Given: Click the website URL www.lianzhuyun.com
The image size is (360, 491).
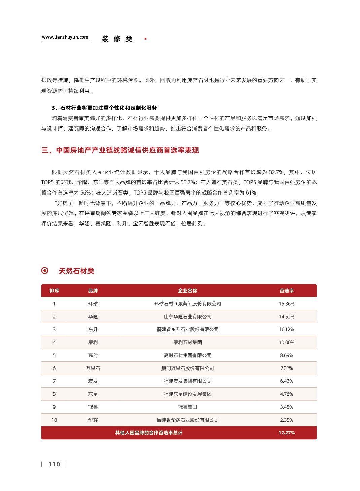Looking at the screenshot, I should click(65, 37).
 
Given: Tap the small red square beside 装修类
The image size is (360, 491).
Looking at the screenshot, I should click(145, 39).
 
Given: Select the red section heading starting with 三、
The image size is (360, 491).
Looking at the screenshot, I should click(120, 150).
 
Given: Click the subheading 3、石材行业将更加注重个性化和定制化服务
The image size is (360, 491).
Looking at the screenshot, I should click(104, 108).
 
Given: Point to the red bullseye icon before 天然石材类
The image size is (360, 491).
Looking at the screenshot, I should click(45, 271).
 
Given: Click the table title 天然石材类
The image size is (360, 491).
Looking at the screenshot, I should click(76, 271).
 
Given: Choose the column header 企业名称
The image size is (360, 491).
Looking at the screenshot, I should click(187, 291).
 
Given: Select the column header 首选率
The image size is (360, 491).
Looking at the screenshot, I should click(286, 291).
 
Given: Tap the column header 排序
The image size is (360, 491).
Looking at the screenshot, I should click(54, 291).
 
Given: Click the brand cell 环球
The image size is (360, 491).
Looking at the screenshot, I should click(93, 304).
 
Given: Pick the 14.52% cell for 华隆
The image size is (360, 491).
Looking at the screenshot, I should click(286, 317).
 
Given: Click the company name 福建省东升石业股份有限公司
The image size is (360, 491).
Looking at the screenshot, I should click(187, 329).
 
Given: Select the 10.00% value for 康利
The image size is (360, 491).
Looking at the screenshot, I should click(286, 342).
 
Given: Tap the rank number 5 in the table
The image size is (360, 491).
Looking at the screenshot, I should click(54, 355).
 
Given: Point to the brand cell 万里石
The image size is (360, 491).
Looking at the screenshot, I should click(93, 368).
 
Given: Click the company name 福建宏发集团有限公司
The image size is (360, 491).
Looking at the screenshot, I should click(187, 381).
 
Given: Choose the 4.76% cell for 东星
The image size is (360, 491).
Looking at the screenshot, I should click(286, 394).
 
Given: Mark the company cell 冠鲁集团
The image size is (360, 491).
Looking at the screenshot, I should click(187, 407).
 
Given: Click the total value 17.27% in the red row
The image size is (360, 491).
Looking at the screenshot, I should click(286, 433).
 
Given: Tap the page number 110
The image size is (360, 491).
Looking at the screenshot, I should click(54, 464).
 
